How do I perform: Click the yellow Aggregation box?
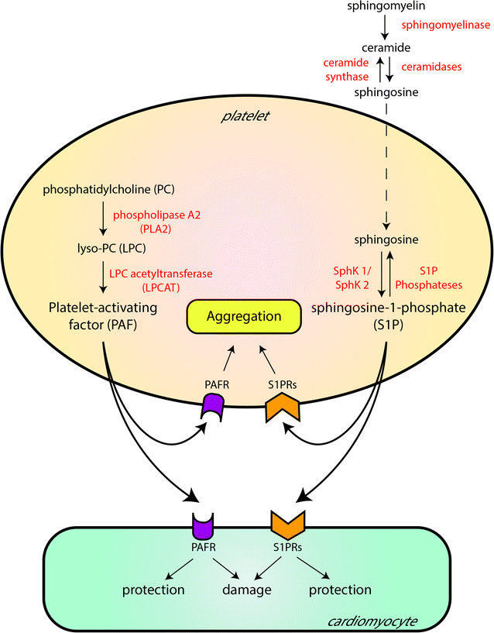click(x=242, y=317)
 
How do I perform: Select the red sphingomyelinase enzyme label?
click(x=444, y=25)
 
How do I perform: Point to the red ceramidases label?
click(x=431, y=67)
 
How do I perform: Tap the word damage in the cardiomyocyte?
click(x=246, y=590)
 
